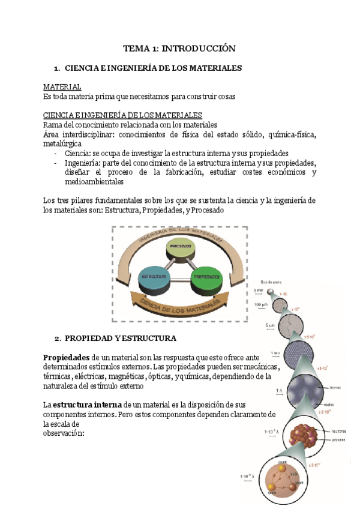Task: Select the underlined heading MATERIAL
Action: click(x=62, y=88)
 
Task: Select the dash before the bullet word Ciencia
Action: click(x=56, y=154)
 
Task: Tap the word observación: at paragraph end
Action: click(x=64, y=433)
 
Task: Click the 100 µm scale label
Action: click(x=260, y=305)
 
